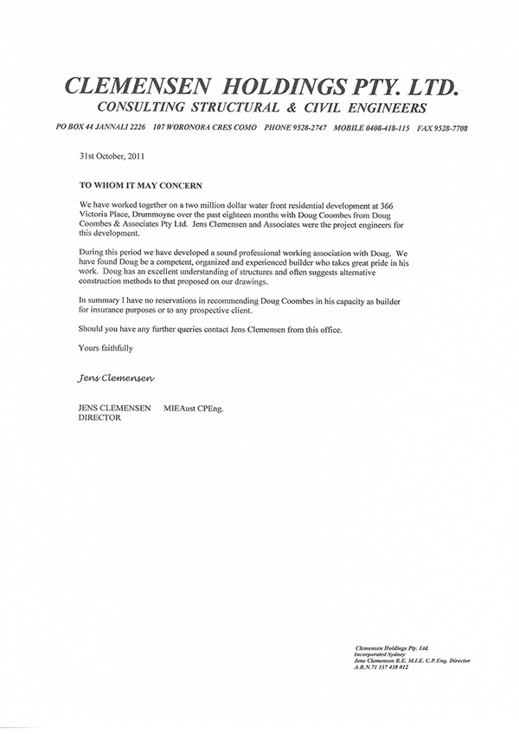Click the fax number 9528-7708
click(451, 127)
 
